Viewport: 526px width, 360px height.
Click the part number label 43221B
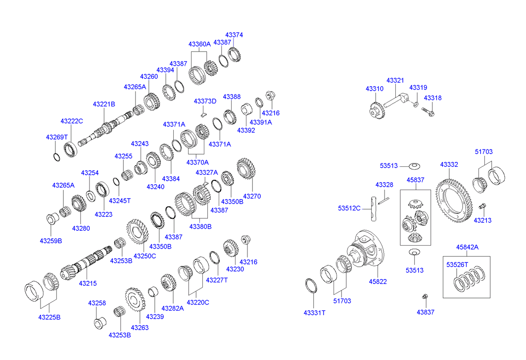[104, 104]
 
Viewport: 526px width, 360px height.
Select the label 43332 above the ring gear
[449, 164]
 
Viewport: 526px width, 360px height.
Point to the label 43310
[375, 89]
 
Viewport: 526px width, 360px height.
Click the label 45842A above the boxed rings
[467, 247]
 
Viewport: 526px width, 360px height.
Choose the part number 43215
[88, 284]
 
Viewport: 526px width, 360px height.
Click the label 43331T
[315, 312]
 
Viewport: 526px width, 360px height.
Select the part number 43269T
[56, 137]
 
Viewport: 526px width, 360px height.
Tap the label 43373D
[205, 102]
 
